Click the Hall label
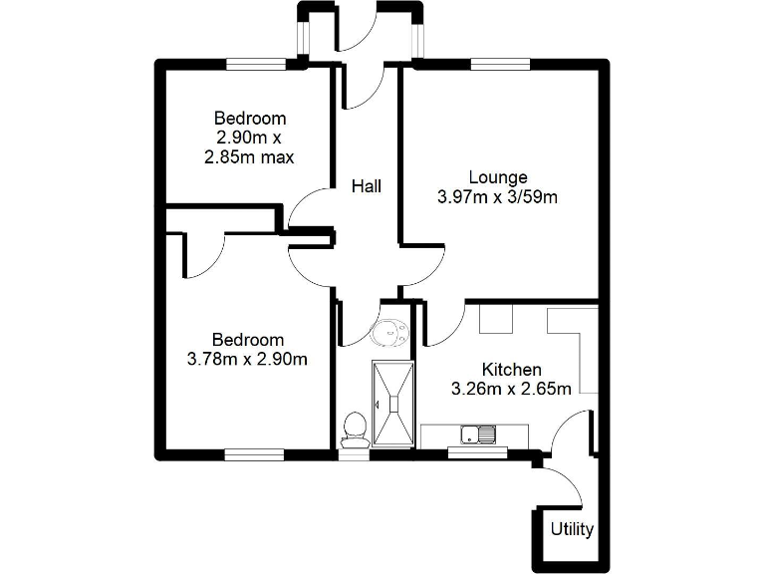(366, 185)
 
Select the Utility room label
(572, 529)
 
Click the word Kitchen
(511, 369)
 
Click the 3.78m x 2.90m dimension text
(246, 359)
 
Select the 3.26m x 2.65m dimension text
(511, 389)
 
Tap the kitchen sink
(478, 434)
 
